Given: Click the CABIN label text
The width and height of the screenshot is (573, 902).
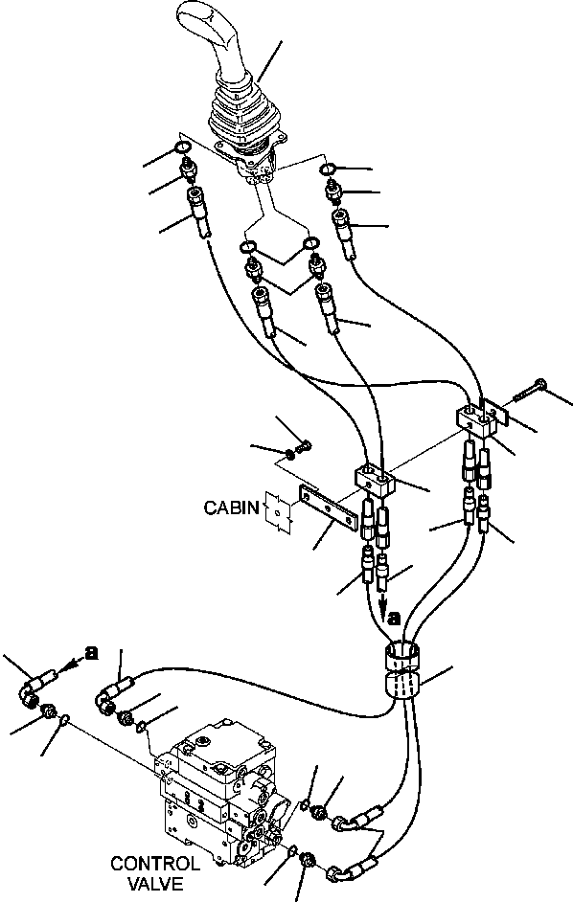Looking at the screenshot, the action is pyautogui.click(x=232, y=507).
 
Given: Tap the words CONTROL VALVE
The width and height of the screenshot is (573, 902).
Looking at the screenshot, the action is pyautogui.click(x=155, y=873).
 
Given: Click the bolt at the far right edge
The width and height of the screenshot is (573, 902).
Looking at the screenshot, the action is pyautogui.click(x=529, y=389).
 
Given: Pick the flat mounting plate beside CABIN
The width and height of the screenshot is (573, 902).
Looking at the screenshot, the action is pyautogui.click(x=327, y=507).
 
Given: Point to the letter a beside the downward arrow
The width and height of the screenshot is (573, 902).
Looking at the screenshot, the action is pyautogui.click(x=393, y=618).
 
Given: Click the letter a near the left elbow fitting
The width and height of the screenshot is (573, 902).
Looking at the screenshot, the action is pyautogui.click(x=91, y=653).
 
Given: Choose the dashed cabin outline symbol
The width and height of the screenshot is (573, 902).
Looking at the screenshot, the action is pyautogui.click(x=279, y=512).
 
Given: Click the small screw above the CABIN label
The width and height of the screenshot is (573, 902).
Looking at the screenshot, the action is pyautogui.click(x=304, y=446).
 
